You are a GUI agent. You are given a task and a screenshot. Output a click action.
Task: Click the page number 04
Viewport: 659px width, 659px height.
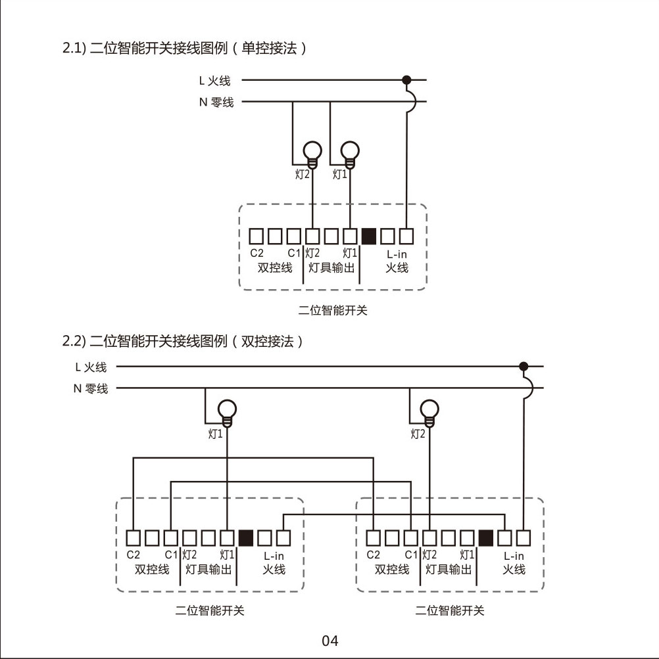pos(329,641)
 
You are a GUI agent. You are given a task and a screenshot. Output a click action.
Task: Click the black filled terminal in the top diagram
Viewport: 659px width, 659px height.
pos(369,235)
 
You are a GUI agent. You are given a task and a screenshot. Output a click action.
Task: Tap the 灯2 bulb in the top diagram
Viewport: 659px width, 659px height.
pos(312,152)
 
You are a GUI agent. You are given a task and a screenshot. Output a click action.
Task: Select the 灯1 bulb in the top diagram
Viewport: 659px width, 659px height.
pos(351,152)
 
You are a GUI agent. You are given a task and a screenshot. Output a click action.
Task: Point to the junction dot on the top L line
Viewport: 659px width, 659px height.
pos(406,80)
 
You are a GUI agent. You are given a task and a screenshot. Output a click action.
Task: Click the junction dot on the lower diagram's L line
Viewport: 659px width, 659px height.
pos(524,366)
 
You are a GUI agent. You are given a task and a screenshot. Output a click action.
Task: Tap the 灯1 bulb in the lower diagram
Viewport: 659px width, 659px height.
pos(227,411)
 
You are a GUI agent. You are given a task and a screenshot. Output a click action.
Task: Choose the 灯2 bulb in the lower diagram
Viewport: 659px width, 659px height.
pos(429,411)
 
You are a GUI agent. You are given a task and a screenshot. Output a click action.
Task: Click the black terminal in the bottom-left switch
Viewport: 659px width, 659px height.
pos(246,538)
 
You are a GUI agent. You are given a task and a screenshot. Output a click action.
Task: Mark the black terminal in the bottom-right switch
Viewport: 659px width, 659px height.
pos(486,538)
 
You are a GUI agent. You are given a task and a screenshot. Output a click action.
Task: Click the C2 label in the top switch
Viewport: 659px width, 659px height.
pos(256,253)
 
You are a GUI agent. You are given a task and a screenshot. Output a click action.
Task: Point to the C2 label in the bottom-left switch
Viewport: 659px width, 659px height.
pos(133,555)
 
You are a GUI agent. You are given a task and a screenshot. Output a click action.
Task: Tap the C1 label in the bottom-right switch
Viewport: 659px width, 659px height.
pos(411,555)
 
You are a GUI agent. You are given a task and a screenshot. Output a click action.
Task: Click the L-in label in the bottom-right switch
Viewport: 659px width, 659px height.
pos(514,556)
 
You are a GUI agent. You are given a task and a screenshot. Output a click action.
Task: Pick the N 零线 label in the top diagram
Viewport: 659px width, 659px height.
pos(217,102)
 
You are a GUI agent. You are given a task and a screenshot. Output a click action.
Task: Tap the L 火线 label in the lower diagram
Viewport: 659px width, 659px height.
pos(91,367)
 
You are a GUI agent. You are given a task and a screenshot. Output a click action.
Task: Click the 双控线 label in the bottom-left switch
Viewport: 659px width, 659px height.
pos(152,570)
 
